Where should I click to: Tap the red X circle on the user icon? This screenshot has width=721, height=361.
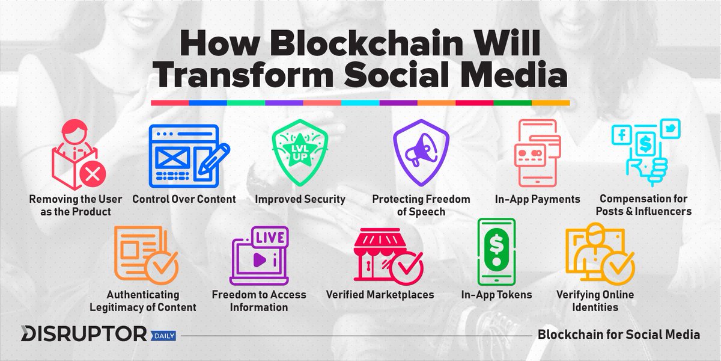[93, 175]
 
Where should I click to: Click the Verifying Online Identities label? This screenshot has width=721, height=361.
[595, 300]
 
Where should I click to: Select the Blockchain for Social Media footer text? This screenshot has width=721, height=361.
[618, 334]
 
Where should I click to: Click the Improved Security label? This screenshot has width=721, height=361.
[299, 199]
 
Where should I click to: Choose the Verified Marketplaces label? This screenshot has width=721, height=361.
[380, 295]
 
